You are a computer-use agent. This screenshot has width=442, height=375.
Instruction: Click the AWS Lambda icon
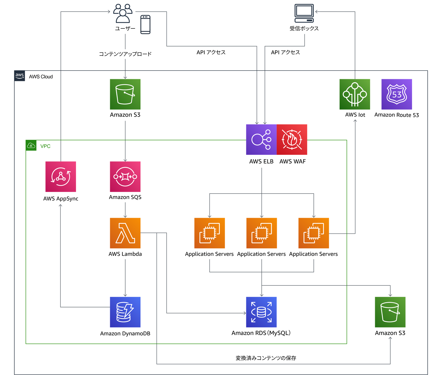(125, 233)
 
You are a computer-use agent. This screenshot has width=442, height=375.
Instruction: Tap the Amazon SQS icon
(125, 177)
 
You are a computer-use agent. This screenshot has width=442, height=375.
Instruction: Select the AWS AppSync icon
(61, 177)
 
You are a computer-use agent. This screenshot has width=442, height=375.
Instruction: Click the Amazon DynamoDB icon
(125, 312)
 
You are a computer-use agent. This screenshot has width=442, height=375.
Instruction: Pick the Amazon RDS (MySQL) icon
(261, 312)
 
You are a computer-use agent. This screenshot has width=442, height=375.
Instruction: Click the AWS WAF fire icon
(292, 139)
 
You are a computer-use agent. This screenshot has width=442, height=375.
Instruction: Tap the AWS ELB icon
(261, 139)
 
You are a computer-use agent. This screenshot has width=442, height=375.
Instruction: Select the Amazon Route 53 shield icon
(397, 94)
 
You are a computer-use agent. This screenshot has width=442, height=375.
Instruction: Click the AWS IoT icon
(355, 94)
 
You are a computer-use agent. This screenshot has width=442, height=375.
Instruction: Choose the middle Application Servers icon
(261, 233)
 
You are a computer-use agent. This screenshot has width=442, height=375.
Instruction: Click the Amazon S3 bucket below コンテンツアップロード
(125, 94)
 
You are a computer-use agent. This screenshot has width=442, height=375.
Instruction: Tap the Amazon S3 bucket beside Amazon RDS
(390, 312)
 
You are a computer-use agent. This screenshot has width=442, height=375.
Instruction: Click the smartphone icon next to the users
(145, 24)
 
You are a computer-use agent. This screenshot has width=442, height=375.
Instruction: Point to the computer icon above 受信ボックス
(304, 13)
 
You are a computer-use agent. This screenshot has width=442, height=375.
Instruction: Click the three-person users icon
(123, 13)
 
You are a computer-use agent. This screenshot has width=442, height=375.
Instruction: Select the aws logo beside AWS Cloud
(20, 76)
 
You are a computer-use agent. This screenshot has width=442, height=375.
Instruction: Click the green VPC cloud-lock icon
(31, 145)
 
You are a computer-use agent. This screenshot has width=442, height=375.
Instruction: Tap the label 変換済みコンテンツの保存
(266, 358)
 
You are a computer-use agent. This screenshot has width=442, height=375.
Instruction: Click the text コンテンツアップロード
(125, 54)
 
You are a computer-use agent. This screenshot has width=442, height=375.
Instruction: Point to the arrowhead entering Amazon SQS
(125, 160)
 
